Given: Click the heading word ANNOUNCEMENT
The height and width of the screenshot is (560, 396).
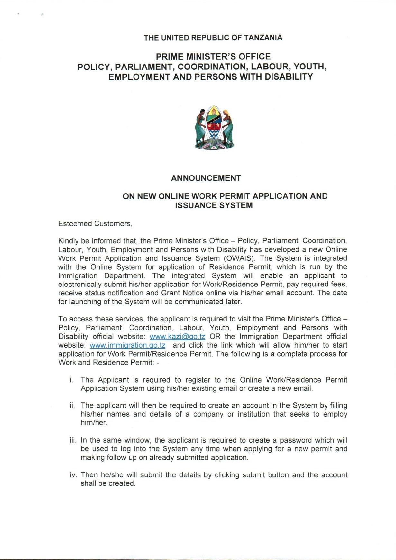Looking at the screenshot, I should tap(206, 178).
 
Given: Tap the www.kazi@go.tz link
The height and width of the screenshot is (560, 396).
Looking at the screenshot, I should tap(178, 337).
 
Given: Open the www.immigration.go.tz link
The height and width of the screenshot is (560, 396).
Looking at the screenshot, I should tap(127, 346).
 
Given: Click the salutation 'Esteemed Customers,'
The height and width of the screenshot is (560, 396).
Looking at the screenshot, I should tap(95, 224).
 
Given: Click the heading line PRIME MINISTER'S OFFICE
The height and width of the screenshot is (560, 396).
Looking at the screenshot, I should tap(213, 57).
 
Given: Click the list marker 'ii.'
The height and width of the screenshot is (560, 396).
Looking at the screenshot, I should tap(72, 406).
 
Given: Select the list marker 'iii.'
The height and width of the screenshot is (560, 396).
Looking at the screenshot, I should tap(73, 440).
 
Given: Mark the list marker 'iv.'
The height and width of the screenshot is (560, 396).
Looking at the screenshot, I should tap(73, 475).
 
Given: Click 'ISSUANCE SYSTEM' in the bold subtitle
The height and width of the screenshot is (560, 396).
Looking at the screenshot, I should tap(214, 206).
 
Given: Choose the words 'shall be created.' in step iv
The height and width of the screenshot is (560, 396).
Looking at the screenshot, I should tap(108, 484).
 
